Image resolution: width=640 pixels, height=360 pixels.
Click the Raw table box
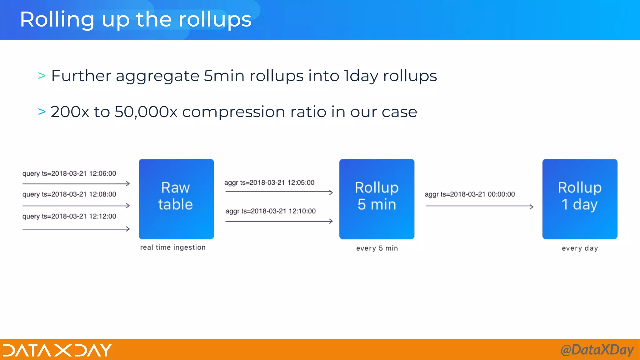coord(176,199)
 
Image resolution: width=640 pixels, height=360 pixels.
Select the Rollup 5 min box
coord(377,199)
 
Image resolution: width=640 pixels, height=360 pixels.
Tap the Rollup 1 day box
coord(580,199)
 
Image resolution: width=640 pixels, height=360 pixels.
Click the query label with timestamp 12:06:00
coord(69,174)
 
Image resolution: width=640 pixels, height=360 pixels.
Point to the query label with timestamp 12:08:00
coord(69,194)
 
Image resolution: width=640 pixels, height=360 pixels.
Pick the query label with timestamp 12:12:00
coord(69,217)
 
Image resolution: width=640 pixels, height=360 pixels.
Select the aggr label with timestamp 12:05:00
coord(269,183)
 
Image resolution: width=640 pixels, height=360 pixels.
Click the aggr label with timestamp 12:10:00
coord(271,211)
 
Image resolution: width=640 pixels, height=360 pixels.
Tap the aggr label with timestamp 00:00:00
coord(470,194)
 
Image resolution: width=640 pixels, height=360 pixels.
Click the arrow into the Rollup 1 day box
coord(479,206)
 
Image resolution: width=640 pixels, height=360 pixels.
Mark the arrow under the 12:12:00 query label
coord(76,229)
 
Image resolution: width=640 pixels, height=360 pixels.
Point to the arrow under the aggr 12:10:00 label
coord(279,221)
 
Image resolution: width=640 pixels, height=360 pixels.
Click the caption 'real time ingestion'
coord(173,247)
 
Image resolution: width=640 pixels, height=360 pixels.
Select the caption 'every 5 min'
coord(377,248)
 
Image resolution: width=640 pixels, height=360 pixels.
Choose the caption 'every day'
coord(580,248)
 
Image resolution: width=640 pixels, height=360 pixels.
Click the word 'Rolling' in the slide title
coord(57,20)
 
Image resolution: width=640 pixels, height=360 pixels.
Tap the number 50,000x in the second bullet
coord(146,112)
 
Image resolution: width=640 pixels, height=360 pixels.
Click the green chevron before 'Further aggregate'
coord(42,76)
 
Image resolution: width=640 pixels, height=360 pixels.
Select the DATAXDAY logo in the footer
coord(57,350)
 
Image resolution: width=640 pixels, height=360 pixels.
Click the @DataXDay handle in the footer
coord(597,350)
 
